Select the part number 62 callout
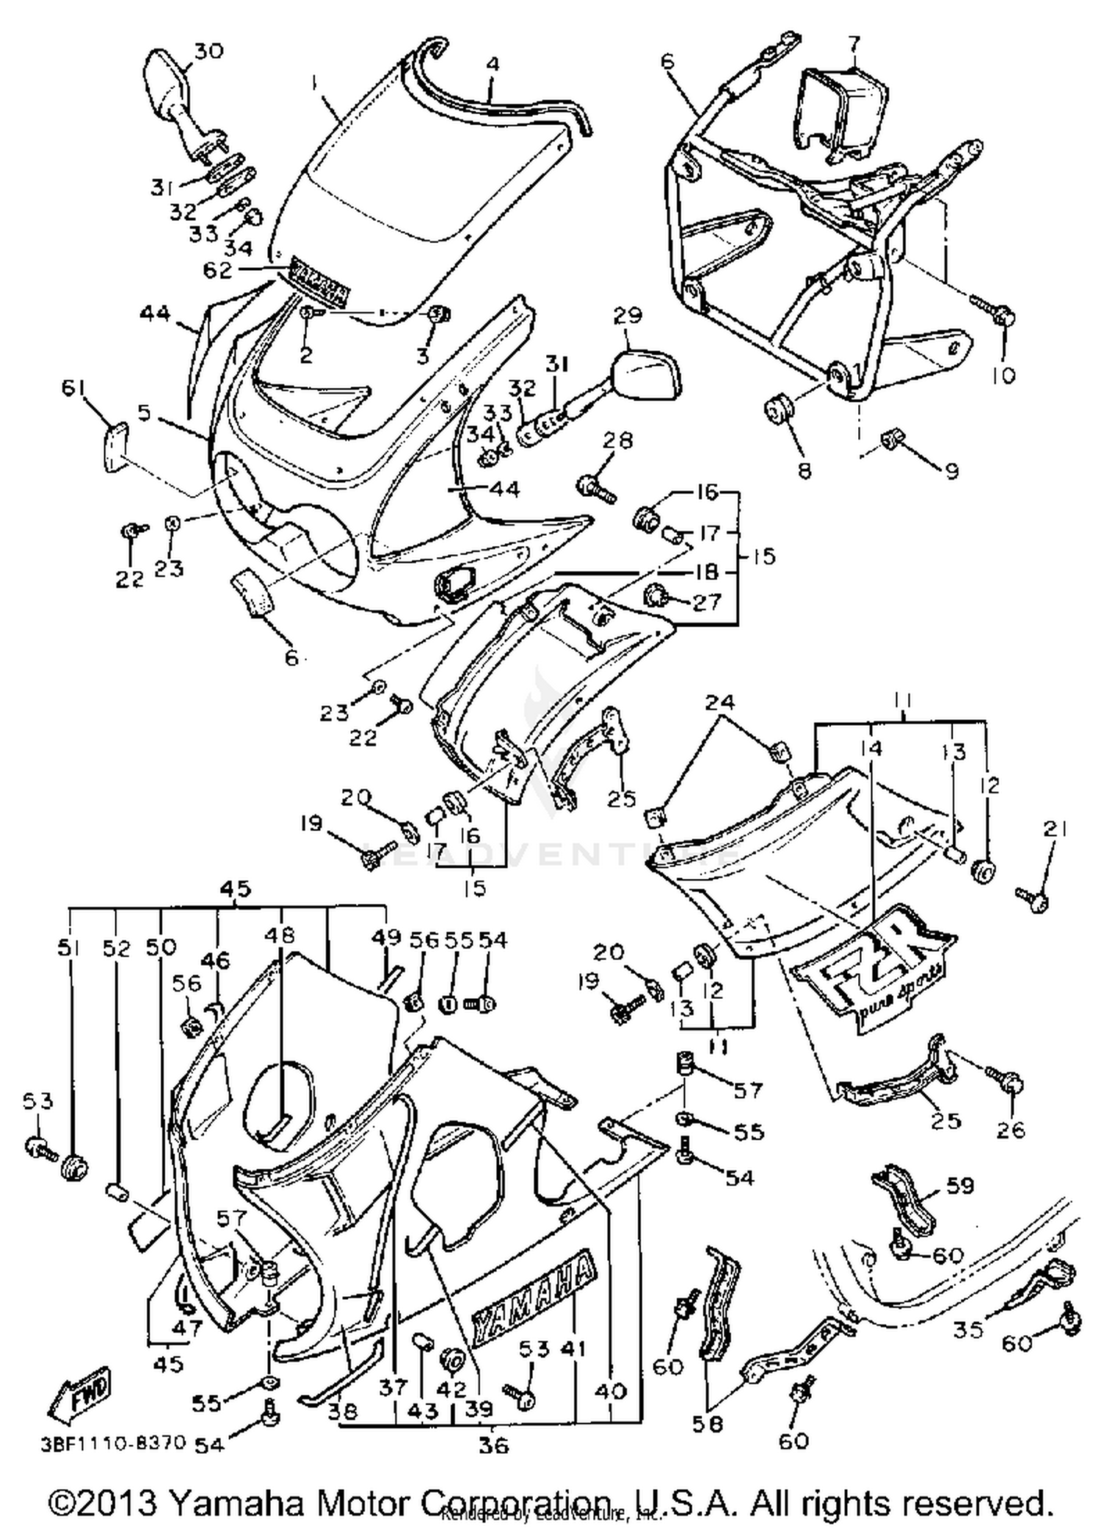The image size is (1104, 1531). (x=218, y=271)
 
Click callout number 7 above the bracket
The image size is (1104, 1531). (x=853, y=44)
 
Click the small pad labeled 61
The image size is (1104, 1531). (x=114, y=446)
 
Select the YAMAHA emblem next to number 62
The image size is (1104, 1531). (x=321, y=283)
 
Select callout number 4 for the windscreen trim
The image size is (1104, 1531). (x=492, y=65)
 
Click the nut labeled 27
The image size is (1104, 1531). (x=654, y=594)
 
